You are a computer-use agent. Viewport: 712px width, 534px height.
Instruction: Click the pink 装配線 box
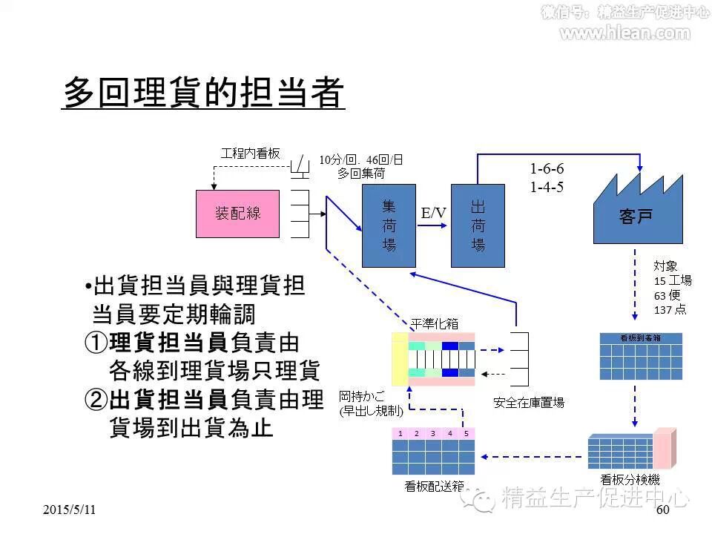(x=237, y=214)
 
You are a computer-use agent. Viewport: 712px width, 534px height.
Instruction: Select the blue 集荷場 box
(x=389, y=225)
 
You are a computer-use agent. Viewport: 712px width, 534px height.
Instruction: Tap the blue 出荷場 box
(x=478, y=225)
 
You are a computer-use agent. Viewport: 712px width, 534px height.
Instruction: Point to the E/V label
(x=434, y=214)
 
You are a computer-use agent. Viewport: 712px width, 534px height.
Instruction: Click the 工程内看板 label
(x=251, y=154)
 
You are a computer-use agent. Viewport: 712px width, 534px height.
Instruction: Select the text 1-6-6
(x=547, y=169)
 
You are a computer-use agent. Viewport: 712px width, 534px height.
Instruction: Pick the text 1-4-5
(x=547, y=187)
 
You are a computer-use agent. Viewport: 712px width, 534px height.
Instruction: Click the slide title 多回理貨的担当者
(x=203, y=93)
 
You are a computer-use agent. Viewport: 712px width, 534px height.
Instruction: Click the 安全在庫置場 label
(x=529, y=403)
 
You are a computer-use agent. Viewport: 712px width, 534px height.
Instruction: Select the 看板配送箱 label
(x=435, y=487)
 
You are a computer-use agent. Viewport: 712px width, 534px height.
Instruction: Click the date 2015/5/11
(x=69, y=510)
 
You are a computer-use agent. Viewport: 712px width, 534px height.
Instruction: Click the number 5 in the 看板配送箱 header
(x=466, y=433)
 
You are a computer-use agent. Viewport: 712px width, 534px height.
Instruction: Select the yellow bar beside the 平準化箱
(x=400, y=359)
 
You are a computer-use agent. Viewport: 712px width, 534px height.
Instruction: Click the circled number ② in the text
(x=96, y=400)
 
